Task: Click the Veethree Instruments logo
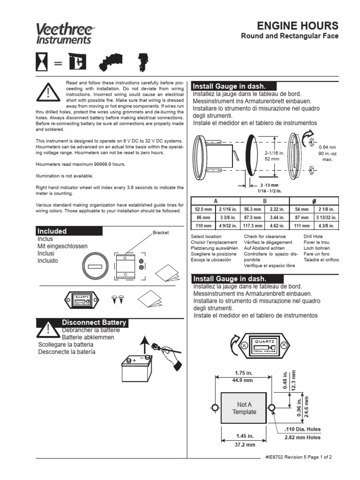(63, 35)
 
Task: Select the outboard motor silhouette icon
(141, 63)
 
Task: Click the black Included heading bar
(69, 231)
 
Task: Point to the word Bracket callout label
(160, 232)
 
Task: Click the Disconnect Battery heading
(94, 322)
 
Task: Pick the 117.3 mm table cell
(252, 225)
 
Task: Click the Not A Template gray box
(244, 408)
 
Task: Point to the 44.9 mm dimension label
(243, 380)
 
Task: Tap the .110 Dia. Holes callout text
(302, 429)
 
